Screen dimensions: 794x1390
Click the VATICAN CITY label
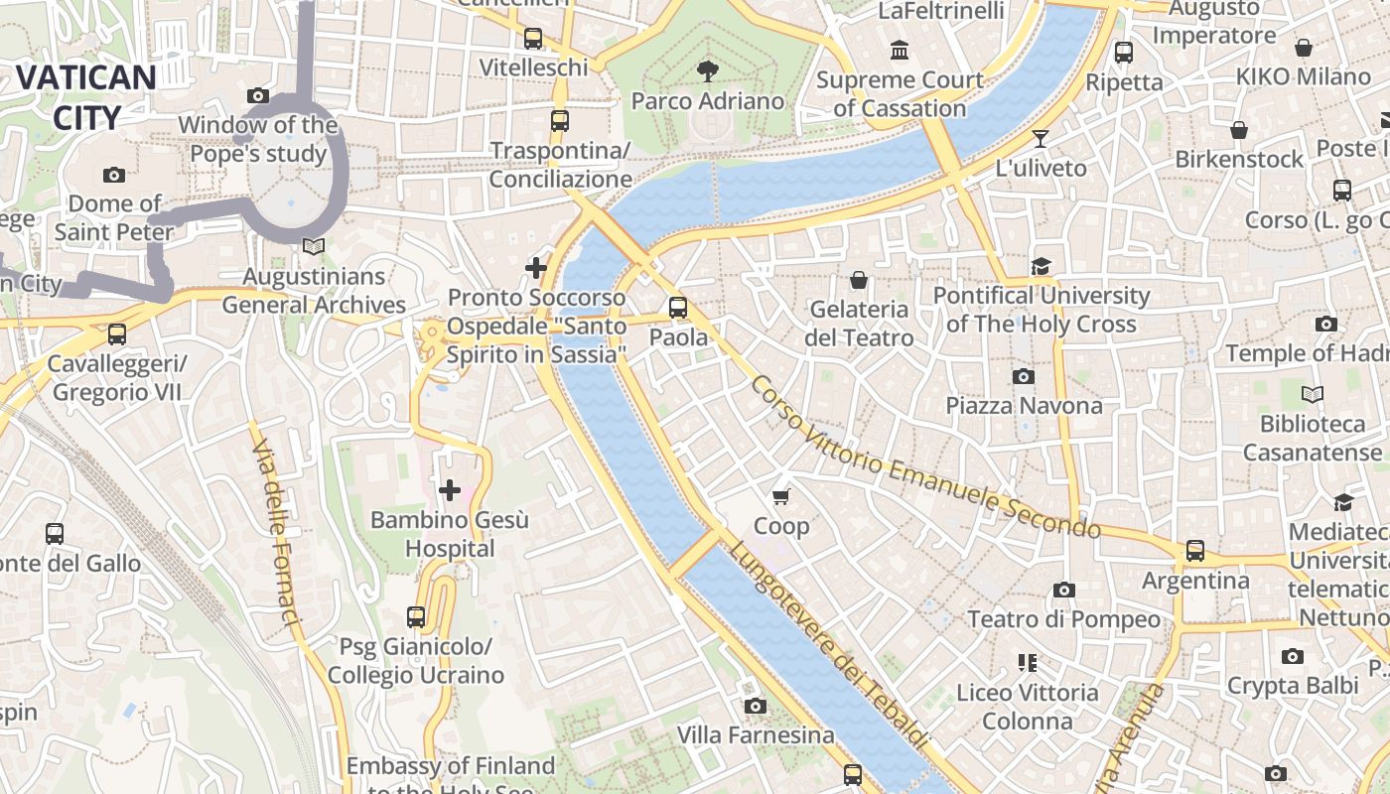point(85,96)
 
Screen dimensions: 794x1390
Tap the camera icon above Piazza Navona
point(1024,376)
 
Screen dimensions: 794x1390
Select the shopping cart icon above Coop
point(781,496)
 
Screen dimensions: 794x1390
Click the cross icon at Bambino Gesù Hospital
point(450,489)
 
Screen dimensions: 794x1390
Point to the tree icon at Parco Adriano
point(708,70)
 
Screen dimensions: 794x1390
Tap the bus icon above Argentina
point(1195,551)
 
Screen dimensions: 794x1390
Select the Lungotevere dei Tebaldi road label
point(829,645)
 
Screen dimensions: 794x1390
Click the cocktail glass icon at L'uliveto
point(1041,138)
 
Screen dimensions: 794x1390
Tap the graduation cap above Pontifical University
point(1041,266)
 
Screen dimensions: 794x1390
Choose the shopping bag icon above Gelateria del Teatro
point(859,280)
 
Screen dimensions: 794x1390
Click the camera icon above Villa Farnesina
point(756,706)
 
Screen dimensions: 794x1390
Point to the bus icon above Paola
point(678,308)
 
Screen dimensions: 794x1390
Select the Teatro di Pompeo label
point(1063,619)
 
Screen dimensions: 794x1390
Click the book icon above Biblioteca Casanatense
point(1313,394)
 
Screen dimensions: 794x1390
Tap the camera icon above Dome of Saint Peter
point(114,175)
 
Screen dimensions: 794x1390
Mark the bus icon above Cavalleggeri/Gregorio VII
point(117,334)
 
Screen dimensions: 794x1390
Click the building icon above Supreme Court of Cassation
point(900,50)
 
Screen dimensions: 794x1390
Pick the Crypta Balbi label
point(1292,685)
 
